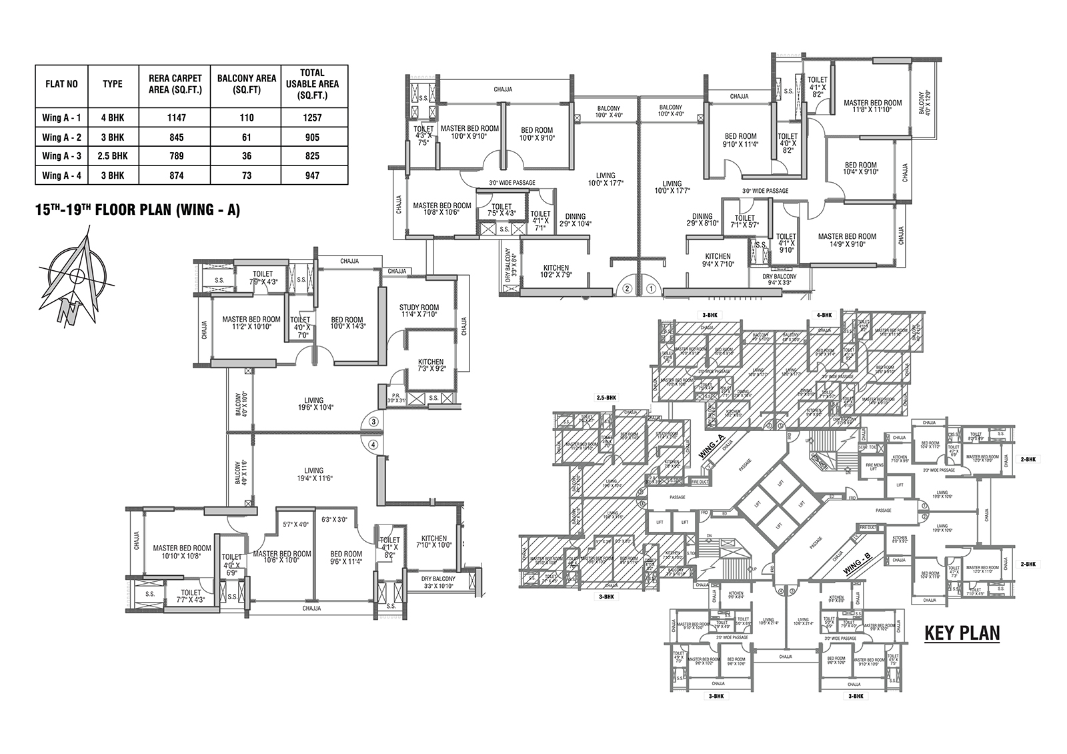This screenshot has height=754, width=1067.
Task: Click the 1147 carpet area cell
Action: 177,118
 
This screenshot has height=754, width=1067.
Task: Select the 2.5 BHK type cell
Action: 113,156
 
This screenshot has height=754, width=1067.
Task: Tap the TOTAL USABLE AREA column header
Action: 313,84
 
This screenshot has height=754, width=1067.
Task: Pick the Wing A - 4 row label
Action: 61,175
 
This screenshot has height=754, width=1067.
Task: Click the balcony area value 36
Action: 247,156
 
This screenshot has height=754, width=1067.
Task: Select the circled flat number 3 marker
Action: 373,421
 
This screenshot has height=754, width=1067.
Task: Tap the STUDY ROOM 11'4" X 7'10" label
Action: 419,311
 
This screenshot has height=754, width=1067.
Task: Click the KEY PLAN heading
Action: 962,633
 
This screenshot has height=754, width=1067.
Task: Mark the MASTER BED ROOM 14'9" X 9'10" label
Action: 847,240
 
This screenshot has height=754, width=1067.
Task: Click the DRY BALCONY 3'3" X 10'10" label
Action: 438,583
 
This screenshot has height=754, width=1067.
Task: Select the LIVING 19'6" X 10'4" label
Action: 313,404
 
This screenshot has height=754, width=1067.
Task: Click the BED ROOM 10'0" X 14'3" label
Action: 347,324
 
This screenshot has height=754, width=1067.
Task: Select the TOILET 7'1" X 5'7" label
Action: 744,222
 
